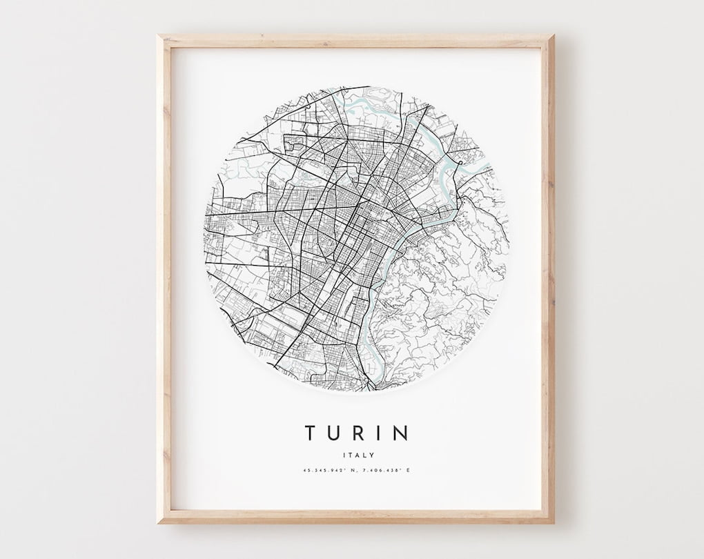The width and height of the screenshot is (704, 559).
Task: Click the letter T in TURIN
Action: pos(311,433)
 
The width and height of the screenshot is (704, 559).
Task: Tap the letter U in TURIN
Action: pos(336,433)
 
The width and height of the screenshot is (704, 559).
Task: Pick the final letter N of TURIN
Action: pos(401,433)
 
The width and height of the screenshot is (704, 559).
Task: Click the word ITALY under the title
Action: pos(358,455)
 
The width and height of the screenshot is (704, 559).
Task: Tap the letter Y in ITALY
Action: pos(372,455)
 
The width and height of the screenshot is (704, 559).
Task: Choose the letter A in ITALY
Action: pos(357,455)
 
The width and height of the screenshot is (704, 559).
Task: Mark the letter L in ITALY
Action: pos(364,455)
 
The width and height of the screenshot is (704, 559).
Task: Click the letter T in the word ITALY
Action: pos(349,455)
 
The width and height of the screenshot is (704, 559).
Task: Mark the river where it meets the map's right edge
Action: pos(488,167)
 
